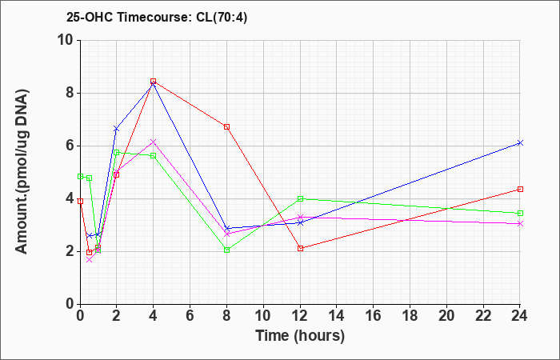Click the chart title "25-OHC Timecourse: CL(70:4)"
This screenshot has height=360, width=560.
click(157, 17)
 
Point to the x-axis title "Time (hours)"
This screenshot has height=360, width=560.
click(300, 336)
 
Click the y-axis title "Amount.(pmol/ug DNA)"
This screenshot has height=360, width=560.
click(22, 171)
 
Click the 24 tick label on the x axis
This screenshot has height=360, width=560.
click(520, 315)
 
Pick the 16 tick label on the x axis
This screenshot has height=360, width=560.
click(374, 315)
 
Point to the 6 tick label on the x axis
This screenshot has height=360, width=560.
click(190, 315)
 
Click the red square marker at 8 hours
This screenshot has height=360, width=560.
click(226, 126)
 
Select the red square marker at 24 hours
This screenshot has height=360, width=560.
click(520, 189)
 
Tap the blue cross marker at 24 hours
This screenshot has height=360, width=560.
click(520, 143)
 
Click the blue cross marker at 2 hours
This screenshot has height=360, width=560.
click(117, 129)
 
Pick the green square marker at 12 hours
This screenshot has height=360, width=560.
click(300, 198)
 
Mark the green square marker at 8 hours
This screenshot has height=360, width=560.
click(226, 250)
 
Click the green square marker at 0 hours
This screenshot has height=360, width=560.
click(80, 177)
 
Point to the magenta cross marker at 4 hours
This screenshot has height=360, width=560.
click(154, 142)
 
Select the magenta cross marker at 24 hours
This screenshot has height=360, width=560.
click(520, 223)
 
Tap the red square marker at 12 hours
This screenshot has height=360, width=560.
click(300, 248)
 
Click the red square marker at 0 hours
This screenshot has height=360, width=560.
click(80, 201)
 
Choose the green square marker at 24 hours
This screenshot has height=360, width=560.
click(520, 214)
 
